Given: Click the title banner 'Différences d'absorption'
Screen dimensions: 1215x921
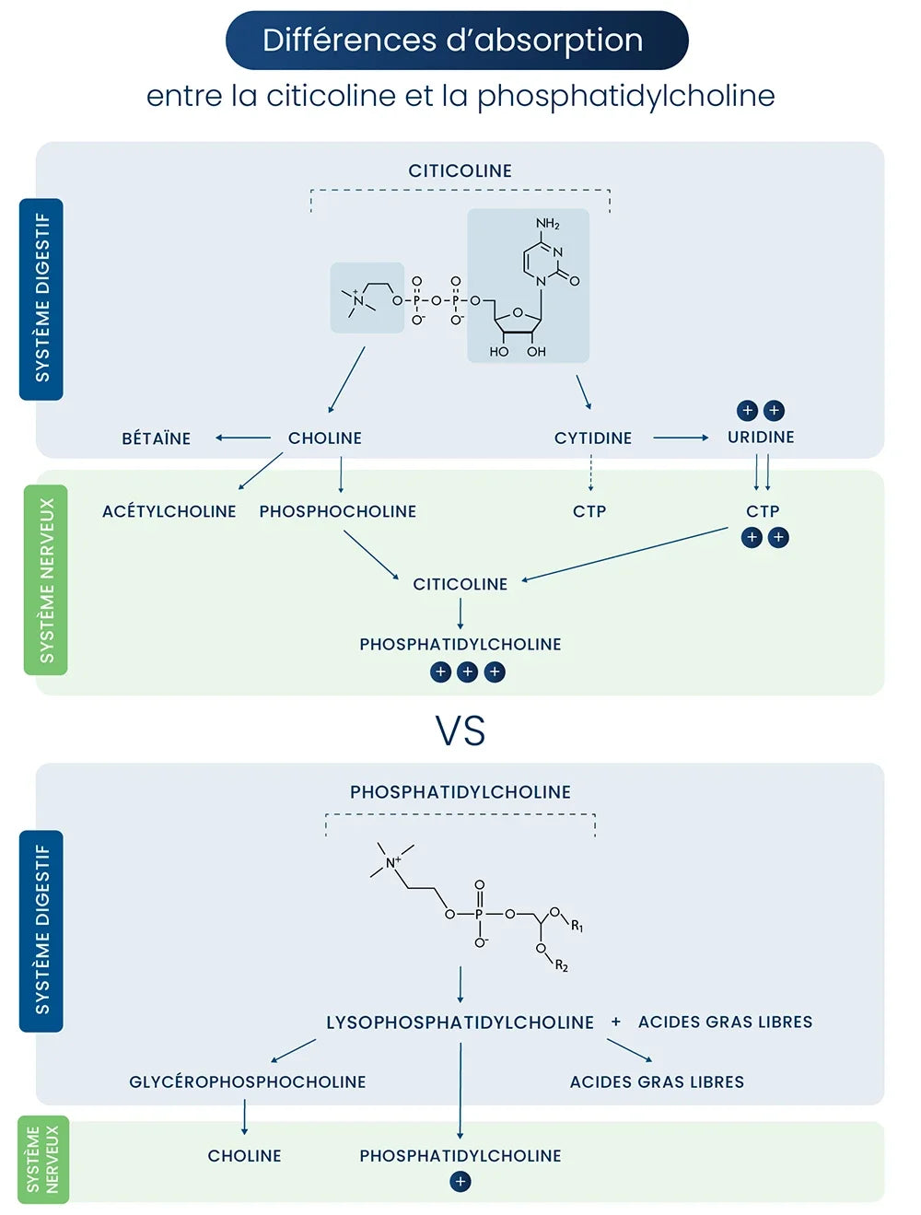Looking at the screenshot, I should pyautogui.click(x=457, y=41).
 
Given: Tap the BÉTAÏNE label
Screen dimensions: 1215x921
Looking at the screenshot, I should pyautogui.click(x=157, y=438).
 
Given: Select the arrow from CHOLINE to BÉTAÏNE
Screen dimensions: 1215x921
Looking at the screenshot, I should pyautogui.click(x=243, y=438).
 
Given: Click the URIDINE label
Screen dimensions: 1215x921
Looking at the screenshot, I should pyautogui.click(x=761, y=438).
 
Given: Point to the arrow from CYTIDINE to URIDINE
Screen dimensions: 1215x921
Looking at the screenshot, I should pyautogui.click(x=681, y=438).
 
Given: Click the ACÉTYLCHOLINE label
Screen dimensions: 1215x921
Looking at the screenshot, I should pyautogui.click(x=169, y=511).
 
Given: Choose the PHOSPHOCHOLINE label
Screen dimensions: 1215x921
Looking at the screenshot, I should pyautogui.click(x=338, y=511).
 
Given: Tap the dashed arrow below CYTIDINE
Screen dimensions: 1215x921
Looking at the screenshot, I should pyautogui.click(x=591, y=473).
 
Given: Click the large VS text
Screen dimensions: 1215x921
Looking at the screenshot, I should pyautogui.click(x=460, y=730).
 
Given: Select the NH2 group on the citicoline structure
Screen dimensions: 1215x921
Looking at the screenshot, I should pyautogui.click(x=548, y=224).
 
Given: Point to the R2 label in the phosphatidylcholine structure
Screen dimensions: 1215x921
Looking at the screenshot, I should pyautogui.click(x=562, y=965).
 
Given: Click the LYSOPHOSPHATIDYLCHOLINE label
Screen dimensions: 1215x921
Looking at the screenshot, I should pyautogui.click(x=460, y=1022).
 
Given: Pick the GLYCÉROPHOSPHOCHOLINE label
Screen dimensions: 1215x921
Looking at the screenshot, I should pyautogui.click(x=248, y=1082).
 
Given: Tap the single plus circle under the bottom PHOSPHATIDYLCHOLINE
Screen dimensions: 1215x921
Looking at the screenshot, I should pyautogui.click(x=460, y=1182).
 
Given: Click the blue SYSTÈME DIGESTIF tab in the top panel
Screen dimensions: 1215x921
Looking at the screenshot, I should pyautogui.click(x=41, y=298).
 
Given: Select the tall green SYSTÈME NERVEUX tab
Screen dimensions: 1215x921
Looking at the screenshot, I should pyautogui.click(x=46, y=580).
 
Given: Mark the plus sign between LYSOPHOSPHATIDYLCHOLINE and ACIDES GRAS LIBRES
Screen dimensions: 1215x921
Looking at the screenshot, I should pyautogui.click(x=616, y=1022).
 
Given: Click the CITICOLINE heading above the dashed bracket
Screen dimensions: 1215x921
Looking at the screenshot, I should pyautogui.click(x=460, y=170).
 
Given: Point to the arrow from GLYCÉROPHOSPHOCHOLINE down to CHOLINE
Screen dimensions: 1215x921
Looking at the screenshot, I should pyautogui.click(x=244, y=1117).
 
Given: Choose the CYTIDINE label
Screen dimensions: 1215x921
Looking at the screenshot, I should pyautogui.click(x=593, y=438).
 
